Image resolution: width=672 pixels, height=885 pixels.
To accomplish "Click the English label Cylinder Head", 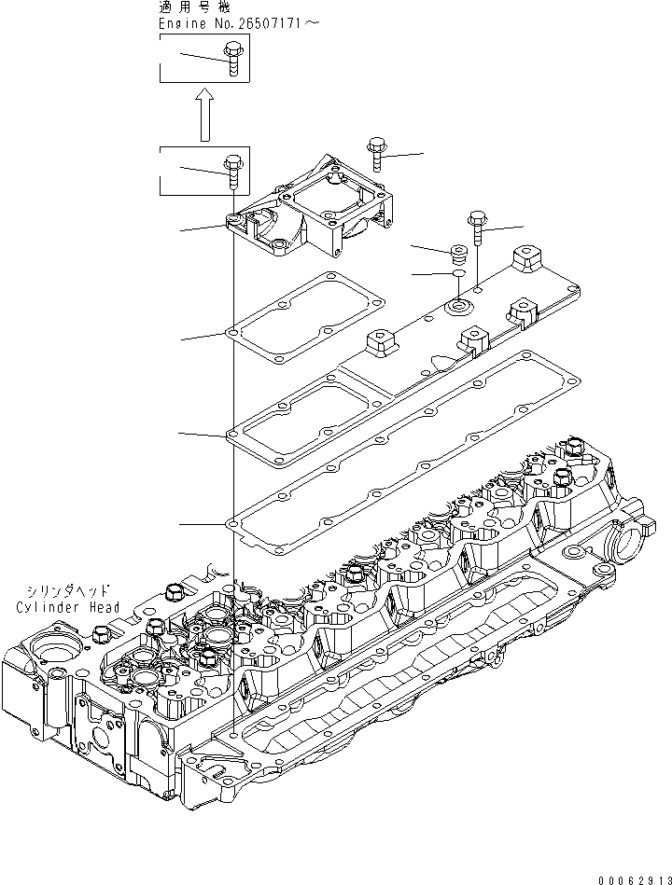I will (68, 607).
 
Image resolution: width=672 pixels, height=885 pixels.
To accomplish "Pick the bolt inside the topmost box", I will (231, 65).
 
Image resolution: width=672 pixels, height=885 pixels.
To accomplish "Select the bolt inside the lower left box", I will (231, 172).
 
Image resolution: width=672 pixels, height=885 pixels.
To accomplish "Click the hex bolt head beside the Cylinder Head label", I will (173, 591).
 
